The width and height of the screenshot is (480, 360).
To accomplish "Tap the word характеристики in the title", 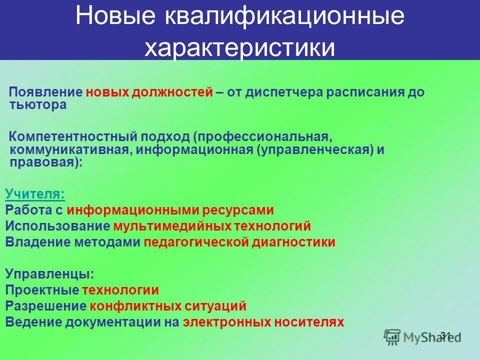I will coord(239,48).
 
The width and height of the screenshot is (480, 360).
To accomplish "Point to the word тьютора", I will coord(37,105).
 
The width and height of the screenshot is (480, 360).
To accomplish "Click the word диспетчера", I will coord(265,93).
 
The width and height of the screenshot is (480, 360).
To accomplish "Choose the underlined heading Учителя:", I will coord(35,194).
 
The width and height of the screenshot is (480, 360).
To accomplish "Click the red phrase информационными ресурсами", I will coord(170,210).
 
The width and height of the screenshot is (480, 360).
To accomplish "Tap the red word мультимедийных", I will coord(172,226).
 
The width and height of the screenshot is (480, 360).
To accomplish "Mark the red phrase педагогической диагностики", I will coord(239,242).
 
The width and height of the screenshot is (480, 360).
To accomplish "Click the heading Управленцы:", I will coord(49,274).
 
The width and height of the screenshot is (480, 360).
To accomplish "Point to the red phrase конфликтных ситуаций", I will coord(168,306).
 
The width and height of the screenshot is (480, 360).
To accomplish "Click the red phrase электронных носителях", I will coord(263,322).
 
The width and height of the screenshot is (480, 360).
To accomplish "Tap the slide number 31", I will coord(446,335).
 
